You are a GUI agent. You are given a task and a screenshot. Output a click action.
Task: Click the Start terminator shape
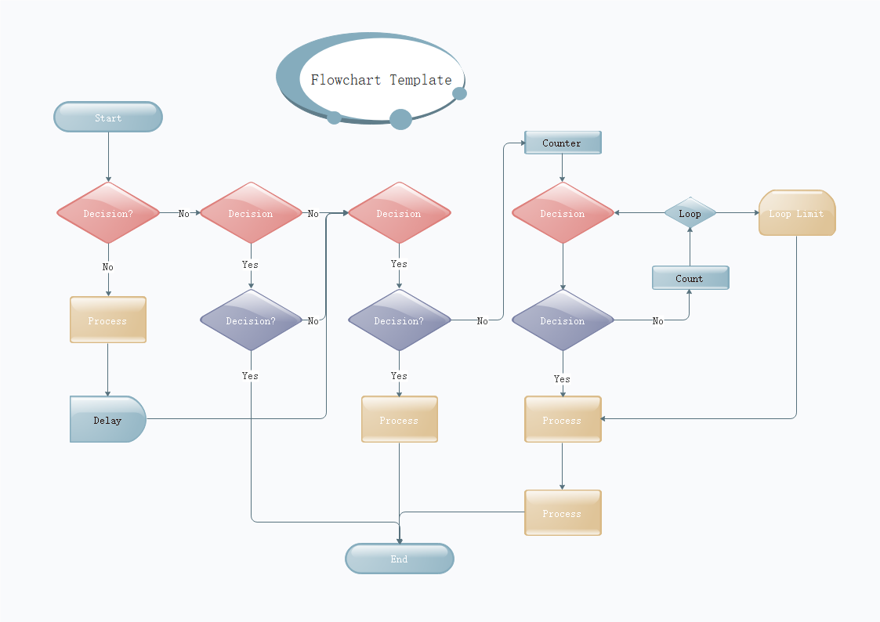(x=108, y=118)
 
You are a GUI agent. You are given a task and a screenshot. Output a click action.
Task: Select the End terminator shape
(x=400, y=559)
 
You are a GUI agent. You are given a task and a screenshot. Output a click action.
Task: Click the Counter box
(x=562, y=143)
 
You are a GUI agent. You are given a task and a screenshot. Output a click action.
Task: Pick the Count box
(x=690, y=278)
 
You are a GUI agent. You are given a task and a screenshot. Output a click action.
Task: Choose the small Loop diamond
(x=690, y=213)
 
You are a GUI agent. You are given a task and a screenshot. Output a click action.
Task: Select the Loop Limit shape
(x=796, y=213)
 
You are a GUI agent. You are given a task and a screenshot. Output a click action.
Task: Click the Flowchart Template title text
(x=381, y=80)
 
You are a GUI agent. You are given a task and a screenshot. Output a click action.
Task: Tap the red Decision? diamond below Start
(x=108, y=213)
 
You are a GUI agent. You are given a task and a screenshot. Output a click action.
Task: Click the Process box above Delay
(x=108, y=320)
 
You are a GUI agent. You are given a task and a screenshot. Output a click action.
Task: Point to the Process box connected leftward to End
(x=562, y=513)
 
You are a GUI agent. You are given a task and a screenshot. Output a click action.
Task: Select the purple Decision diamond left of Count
(x=562, y=320)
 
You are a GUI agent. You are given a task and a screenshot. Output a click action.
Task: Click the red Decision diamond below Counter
(x=562, y=213)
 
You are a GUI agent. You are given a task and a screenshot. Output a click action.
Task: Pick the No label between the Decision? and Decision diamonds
(x=183, y=214)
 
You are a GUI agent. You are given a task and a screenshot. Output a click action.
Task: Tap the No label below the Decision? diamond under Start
(x=107, y=267)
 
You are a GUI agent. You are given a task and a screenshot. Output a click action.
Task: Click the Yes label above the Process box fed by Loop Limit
(x=562, y=379)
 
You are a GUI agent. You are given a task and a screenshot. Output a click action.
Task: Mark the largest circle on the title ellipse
(x=400, y=119)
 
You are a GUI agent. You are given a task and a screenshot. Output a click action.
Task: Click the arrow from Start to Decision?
(x=108, y=157)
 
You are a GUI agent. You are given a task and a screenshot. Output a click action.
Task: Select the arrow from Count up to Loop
(x=690, y=247)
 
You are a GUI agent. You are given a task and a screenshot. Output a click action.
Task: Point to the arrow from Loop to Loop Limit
(x=737, y=213)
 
